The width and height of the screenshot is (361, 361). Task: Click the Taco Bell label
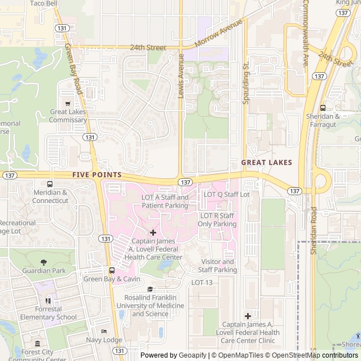tap(43, 3)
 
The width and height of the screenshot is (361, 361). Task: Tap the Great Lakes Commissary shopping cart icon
tap(68, 103)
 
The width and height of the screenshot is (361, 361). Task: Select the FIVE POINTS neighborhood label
tap(98, 175)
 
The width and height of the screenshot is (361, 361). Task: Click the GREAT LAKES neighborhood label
tap(267, 162)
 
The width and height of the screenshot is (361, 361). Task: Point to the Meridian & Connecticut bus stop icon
tap(50, 184)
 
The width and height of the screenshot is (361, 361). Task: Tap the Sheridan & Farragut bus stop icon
tap(322, 108)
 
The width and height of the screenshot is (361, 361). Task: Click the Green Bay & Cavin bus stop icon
tap(112, 270)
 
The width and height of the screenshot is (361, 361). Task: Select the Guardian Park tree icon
tap(44, 262)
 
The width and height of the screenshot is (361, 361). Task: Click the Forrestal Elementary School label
tap(48, 313)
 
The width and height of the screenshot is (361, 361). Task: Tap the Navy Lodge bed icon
tap(104, 332)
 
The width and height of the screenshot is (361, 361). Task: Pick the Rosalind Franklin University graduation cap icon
tap(150, 289)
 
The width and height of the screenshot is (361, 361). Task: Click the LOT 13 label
tap(202, 283)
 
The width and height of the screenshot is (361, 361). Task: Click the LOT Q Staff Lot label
tap(227, 194)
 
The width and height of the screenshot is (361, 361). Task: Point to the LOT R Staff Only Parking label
tap(218, 220)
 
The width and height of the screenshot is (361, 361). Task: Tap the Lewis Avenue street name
tap(181, 76)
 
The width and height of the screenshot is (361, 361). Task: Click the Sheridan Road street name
tap(314, 230)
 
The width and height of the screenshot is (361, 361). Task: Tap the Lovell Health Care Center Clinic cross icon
tap(248, 316)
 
